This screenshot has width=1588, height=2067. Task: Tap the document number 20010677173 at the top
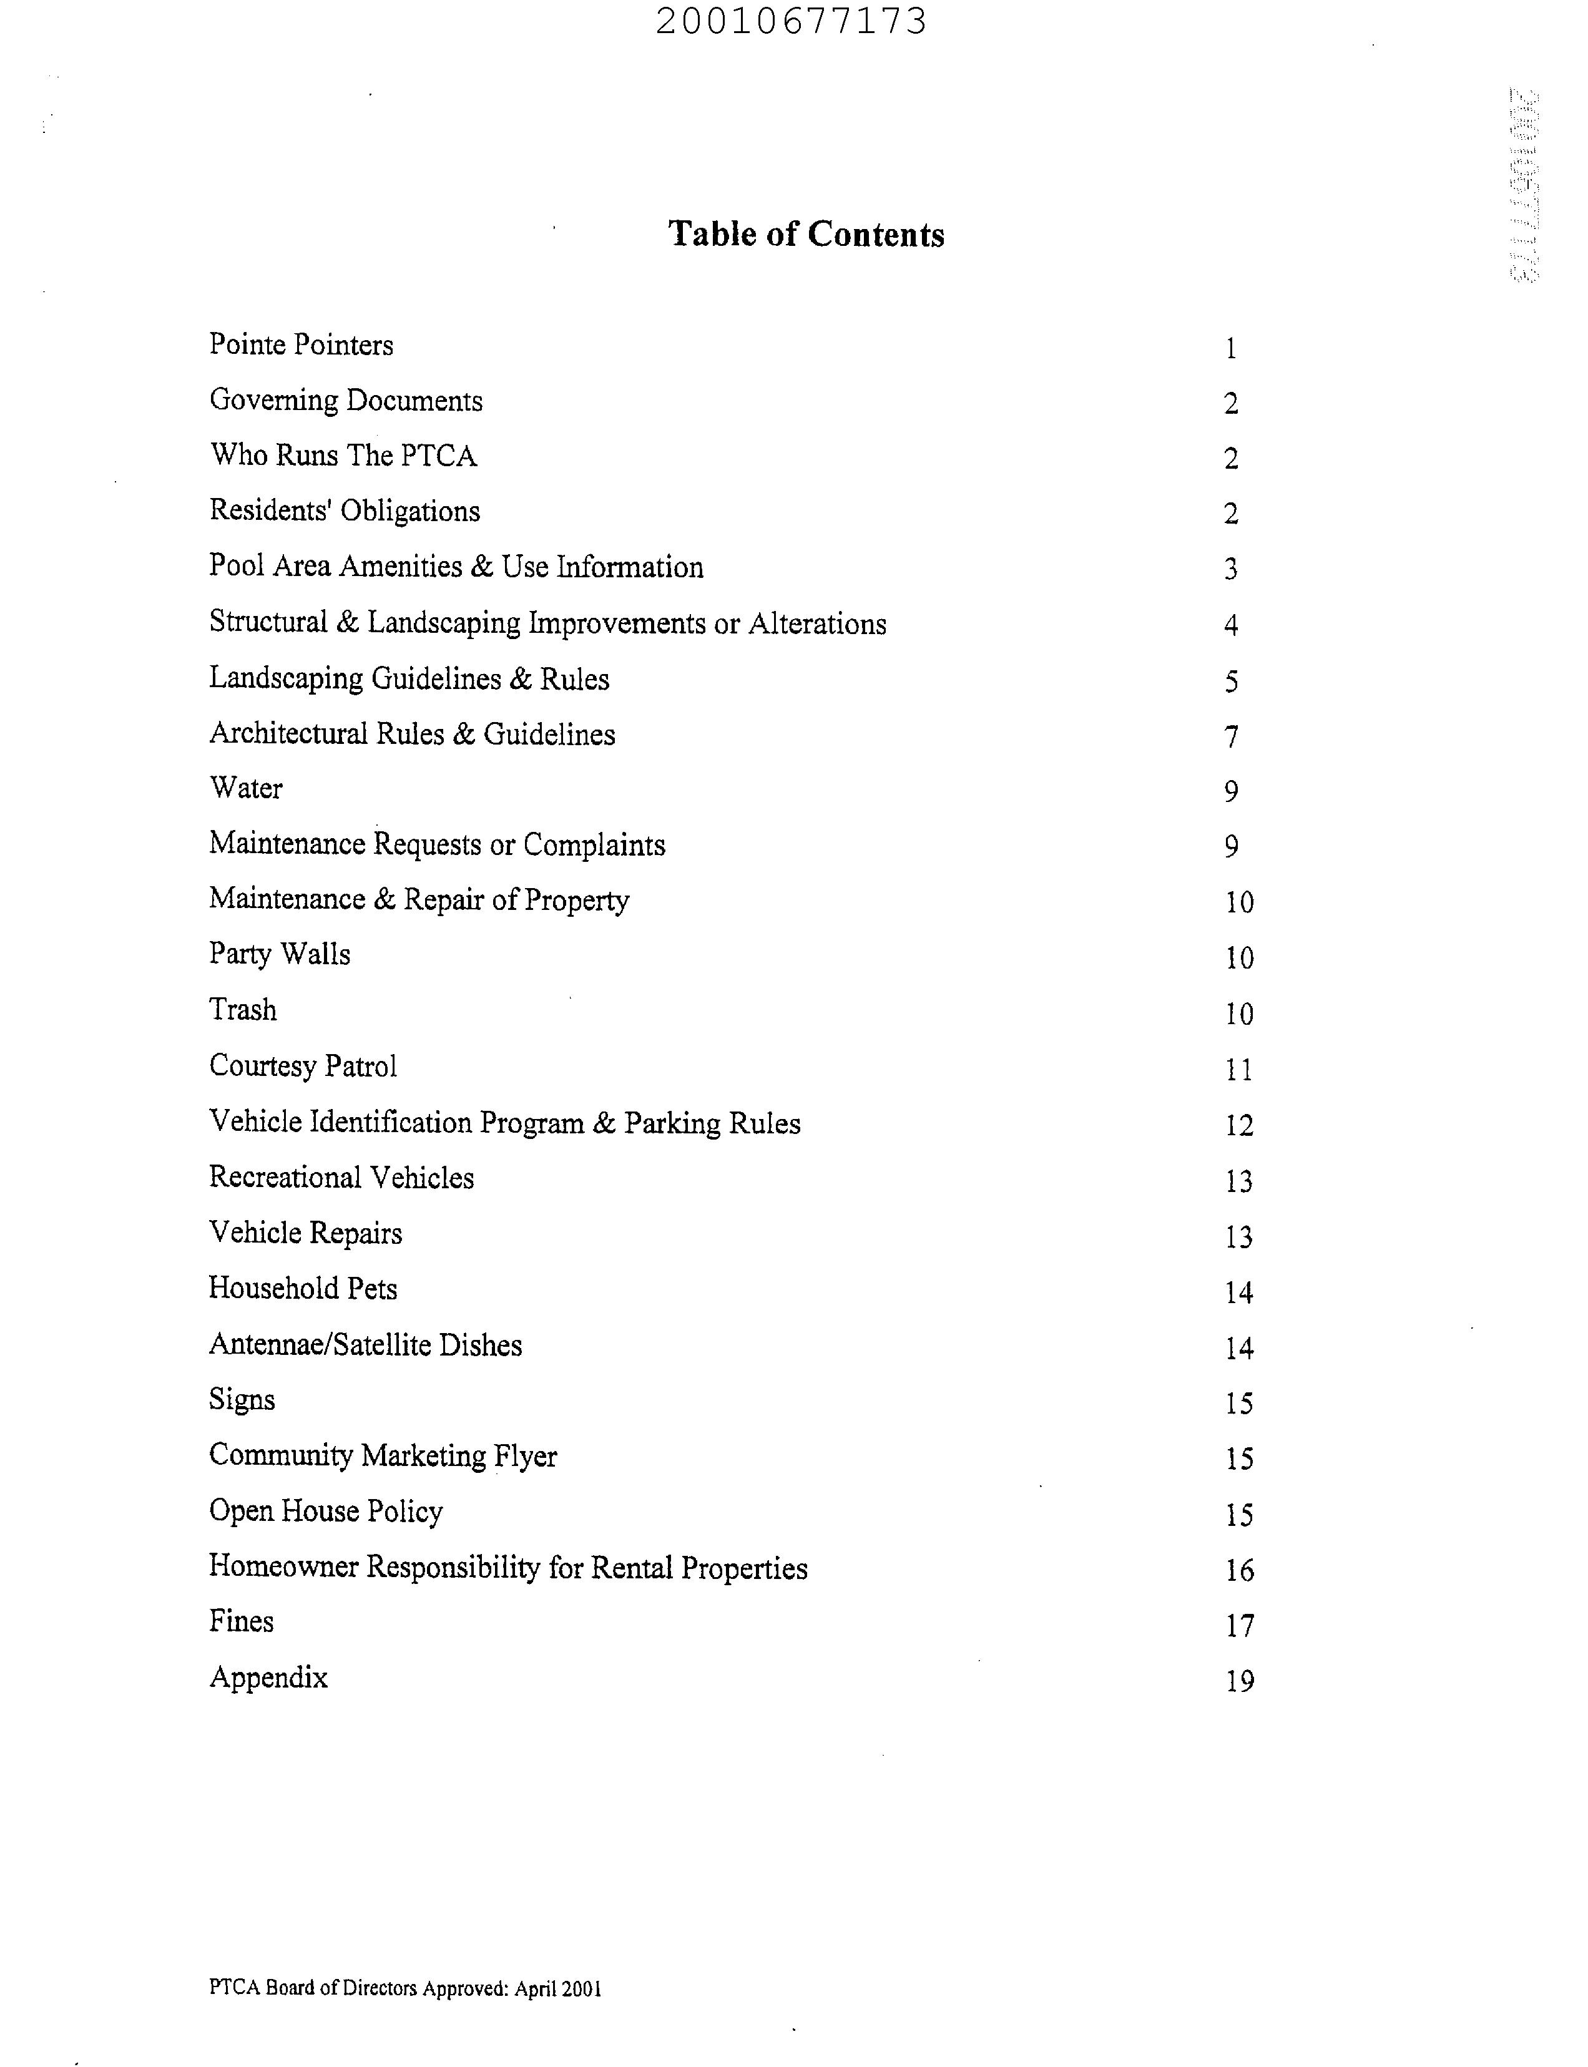[x=791, y=21]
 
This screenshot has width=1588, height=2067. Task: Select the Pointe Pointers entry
[x=301, y=345]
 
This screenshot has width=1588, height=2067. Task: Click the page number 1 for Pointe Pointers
[x=1231, y=349]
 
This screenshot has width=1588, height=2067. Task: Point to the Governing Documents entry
[x=346, y=401]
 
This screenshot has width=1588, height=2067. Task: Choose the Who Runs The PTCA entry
[x=343, y=456]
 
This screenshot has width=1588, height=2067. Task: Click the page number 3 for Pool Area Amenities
[x=1231, y=569]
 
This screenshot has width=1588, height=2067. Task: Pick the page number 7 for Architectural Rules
[x=1231, y=736]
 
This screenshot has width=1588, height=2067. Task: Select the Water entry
[x=246, y=788]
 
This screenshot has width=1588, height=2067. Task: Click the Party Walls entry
[x=279, y=955]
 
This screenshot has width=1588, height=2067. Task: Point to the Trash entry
[x=243, y=1010]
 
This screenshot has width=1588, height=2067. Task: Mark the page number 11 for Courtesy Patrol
[x=1239, y=1070]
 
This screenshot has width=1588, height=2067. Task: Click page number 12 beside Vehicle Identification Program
[x=1239, y=1126]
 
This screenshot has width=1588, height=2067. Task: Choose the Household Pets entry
[x=303, y=1289]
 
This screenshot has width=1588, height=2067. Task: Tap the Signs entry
[x=242, y=1400]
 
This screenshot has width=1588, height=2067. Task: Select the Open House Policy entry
[x=325, y=1512]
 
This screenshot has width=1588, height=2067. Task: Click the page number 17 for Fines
[x=1239, y=1626]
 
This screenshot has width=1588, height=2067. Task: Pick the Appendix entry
[x=268, y=1678]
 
